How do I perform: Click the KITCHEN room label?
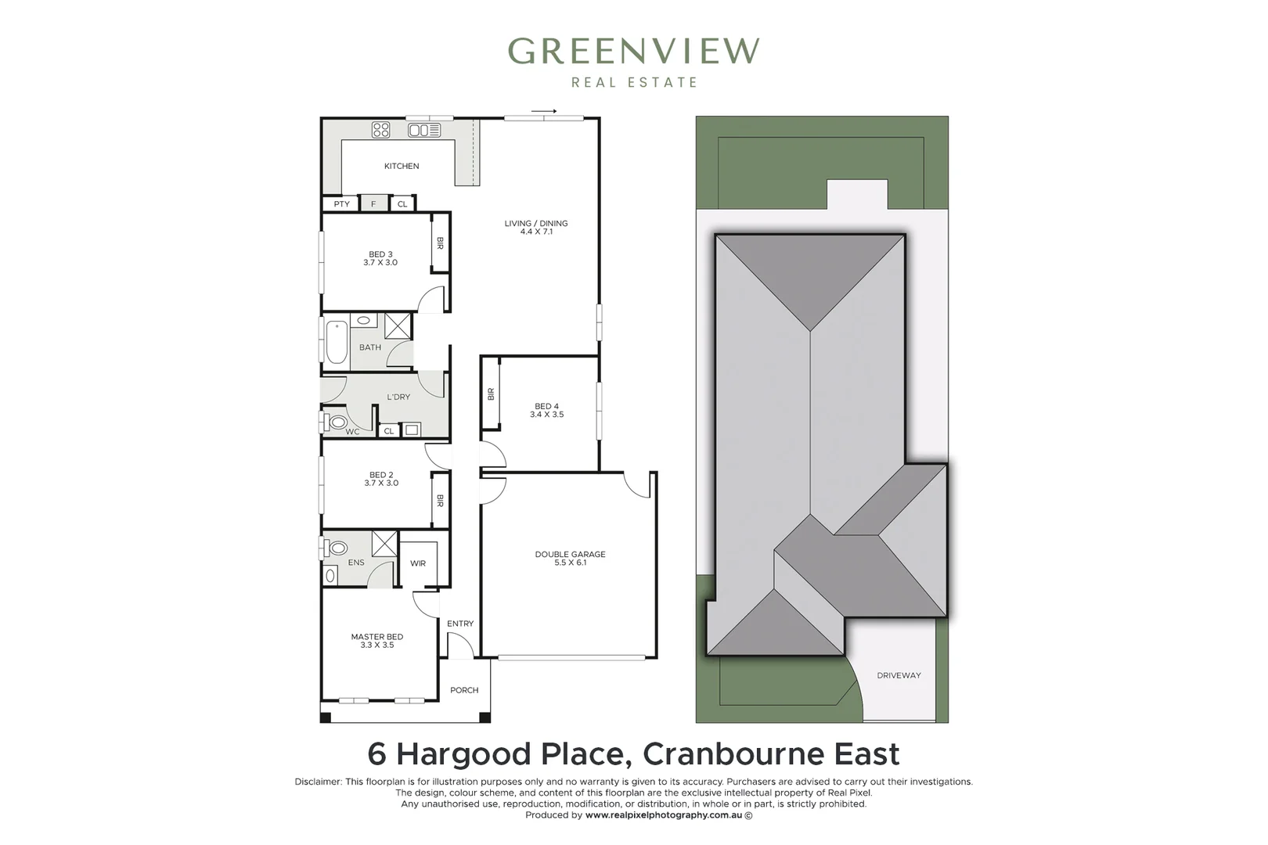(402, 166)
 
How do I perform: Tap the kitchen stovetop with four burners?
(380, 130)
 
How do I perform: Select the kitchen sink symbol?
(423, 130)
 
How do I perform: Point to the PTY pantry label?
(342, 204)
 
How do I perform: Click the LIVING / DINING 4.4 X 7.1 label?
(536, 227)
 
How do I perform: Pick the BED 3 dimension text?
(380, 263)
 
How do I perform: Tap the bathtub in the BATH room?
(337, 343)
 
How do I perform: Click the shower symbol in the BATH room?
(398, 325)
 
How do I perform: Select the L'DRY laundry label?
(398, 397)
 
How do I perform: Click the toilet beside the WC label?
(337, 422)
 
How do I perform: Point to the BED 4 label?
(546, 406)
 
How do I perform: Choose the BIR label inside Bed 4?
(491, 394)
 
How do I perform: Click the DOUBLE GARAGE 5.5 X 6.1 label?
(570, 558)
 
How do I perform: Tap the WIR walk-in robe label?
(418, 563)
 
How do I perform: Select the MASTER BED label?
(377, 637)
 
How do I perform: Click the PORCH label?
(464, 690)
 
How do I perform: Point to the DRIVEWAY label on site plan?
(899, 675)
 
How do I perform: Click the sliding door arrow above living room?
(544, 111)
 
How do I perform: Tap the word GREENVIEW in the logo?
(633, 52)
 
